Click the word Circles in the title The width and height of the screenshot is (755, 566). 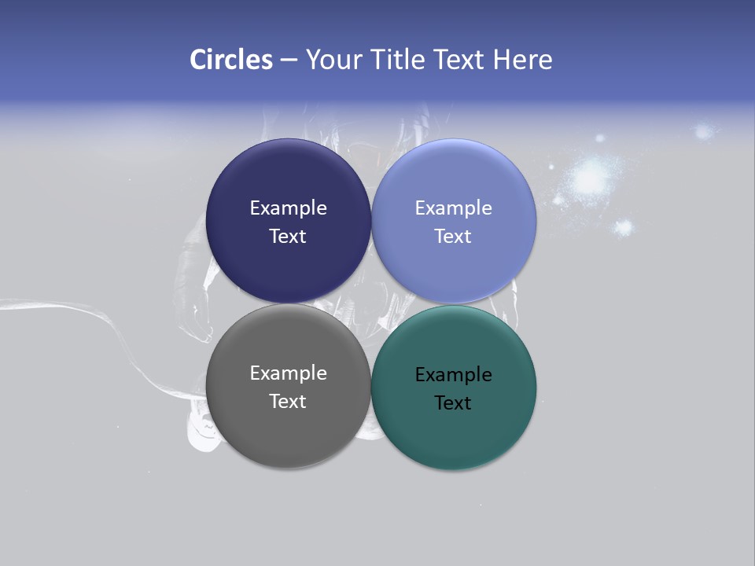(231, 60)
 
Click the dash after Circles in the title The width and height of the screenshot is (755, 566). (289, 61)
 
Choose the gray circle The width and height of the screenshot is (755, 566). (288, 424)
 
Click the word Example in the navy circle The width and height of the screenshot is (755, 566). (288, 208)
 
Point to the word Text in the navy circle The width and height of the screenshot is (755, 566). (288, 236)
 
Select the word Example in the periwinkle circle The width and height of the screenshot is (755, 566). (453, 208)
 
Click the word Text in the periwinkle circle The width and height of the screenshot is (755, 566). (453, 236)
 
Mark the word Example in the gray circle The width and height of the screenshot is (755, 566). (288, 373)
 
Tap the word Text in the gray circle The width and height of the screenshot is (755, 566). (288, 401)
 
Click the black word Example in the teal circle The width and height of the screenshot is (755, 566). (453, 374)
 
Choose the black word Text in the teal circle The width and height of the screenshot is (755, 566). (453, 402)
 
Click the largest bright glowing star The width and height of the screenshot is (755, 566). (588, 178)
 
